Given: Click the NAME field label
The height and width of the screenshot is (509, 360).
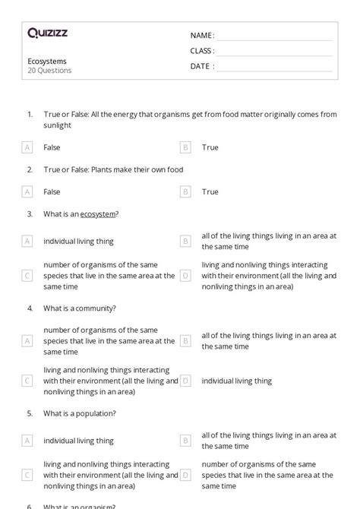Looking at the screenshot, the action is pos(202,36).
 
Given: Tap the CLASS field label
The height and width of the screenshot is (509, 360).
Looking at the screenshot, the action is pos(202,51).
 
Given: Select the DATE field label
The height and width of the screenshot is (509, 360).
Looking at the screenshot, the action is pos(202,66).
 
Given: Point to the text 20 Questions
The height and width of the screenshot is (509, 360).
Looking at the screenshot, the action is pos(50,71).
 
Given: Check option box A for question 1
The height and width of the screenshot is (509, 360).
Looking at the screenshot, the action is pos(27,147).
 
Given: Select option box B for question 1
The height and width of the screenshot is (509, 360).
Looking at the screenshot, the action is pos(185,147).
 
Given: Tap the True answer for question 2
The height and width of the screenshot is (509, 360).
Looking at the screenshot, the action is pos(210,192).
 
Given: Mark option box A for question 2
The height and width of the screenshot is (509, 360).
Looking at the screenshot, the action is pos(27,192).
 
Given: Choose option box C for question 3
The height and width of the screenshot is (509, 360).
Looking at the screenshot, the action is pos(27,276).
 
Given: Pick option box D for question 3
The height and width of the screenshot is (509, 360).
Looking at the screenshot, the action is pos(185,276).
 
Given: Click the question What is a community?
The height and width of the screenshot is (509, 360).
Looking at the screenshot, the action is pos(79,308).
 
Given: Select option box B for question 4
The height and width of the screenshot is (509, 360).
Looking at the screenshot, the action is pos(185,340).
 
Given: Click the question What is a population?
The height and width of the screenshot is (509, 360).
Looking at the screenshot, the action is pos(80,413).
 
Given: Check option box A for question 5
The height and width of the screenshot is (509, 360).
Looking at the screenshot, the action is pos(27,440).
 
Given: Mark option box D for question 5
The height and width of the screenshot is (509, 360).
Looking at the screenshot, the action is pos(185,475).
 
